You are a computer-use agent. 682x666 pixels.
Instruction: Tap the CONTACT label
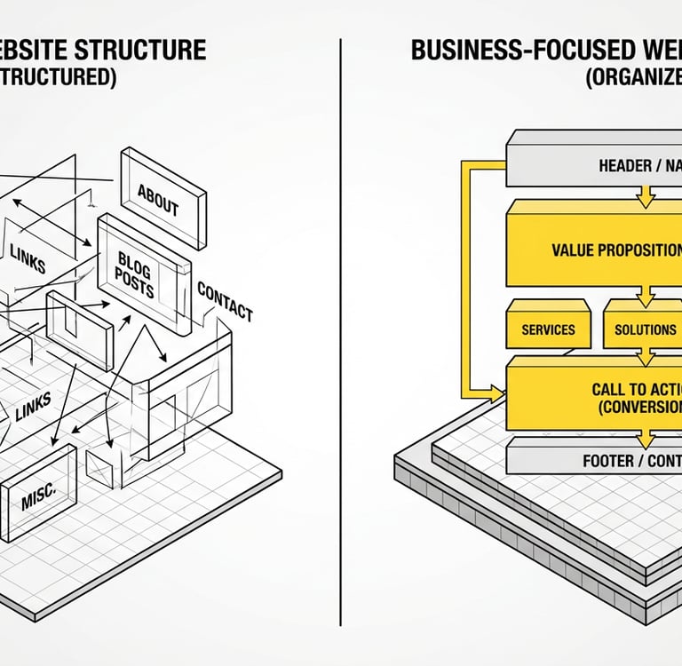pyautogui.click(x=225, y=302)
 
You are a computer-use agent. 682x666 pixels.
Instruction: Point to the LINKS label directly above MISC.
pyautogui.click(x=32, y=404)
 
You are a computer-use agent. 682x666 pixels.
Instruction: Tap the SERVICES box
pyautogui.click(x=548, y=329)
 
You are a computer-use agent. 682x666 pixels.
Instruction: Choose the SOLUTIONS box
pyautogui.click(x=645, y=329)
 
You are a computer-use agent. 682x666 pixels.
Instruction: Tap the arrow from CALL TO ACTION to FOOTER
pyautogui.click(x=646, y=439)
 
